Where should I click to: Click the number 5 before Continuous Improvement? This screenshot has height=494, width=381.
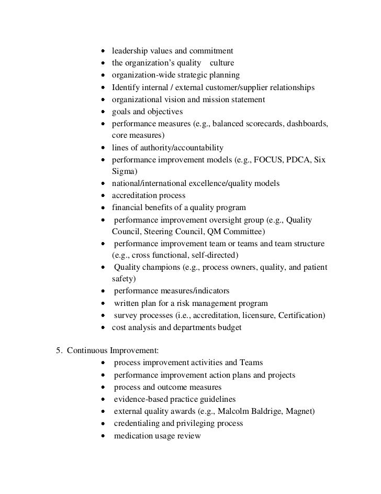coord(58,350)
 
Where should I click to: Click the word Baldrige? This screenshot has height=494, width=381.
coord(261,411)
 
